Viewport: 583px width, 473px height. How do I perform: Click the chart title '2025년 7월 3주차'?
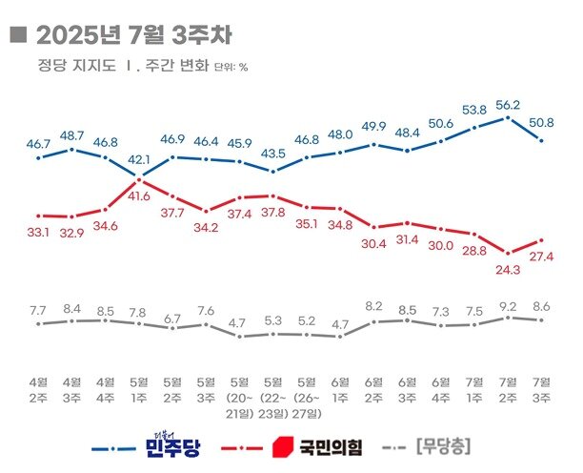point(132,35)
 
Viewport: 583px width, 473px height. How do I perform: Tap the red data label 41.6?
point(141,196)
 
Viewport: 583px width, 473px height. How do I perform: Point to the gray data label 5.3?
point(273,319)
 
